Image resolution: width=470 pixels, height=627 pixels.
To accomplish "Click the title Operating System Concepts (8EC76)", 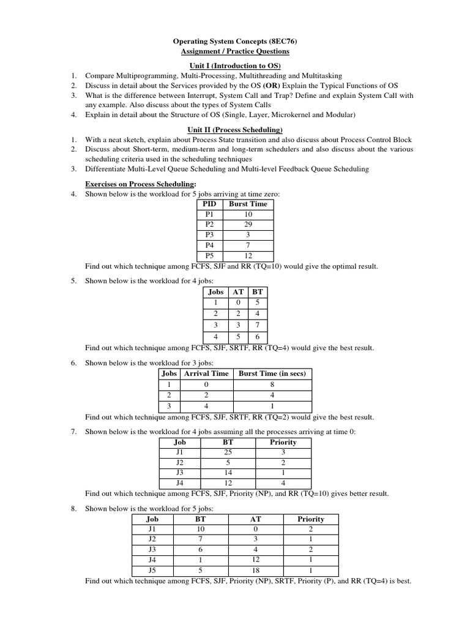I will click(234, 41).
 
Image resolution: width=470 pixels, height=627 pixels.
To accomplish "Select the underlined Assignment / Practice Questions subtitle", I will click(234, 51).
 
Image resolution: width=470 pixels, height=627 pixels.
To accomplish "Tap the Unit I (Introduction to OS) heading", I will click(234, 66).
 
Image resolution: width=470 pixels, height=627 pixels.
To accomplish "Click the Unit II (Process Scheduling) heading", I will click(234, 130).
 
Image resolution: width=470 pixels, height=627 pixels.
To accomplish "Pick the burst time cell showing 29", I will click(248, 225).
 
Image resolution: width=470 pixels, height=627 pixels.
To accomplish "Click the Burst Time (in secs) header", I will click(272, 373).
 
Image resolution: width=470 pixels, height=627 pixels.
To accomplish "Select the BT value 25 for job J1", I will click(228, 452).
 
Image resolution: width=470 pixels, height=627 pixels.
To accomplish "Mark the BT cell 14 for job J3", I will click(228, 473).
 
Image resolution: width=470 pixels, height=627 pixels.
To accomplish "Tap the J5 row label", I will click(152, 571).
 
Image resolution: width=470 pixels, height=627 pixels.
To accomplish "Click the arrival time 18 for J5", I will click(255, 571).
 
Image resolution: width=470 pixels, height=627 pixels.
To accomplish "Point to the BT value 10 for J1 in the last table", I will click(200, 529).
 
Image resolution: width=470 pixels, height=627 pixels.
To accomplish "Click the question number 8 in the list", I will click(73, 508).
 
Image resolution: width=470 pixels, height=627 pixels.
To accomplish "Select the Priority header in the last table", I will click(310, 519).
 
